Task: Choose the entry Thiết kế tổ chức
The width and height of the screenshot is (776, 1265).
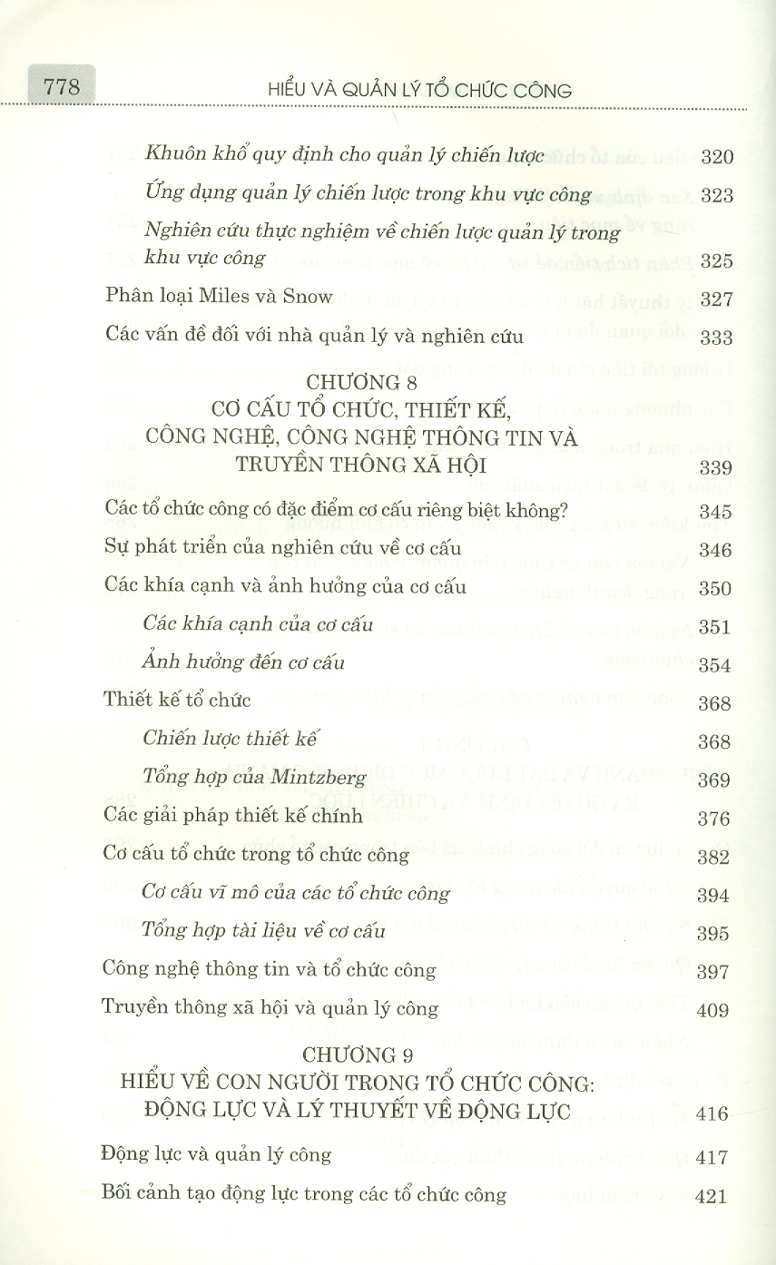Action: (x=177, y=700)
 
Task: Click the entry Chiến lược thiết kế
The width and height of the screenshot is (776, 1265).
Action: (x=233, y=739)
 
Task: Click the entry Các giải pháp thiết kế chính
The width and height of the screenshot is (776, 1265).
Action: (x=233, y=816)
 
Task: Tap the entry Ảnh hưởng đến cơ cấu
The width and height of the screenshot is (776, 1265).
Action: (x=244, y=662)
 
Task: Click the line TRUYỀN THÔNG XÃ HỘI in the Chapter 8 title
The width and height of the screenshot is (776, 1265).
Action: (x=361, y=466)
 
